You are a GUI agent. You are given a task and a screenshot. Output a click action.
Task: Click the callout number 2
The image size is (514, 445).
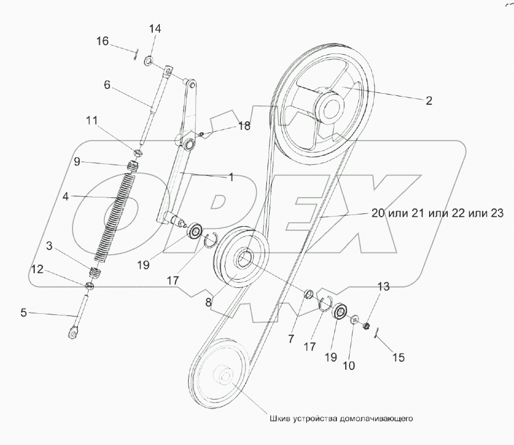[x=428, y=101]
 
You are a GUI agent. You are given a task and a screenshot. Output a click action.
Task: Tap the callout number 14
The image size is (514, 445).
[x=154, y=29]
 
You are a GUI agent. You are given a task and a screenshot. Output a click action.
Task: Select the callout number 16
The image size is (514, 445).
[x=103, y=41]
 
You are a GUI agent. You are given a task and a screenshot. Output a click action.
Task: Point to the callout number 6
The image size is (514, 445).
[x=107, y=85]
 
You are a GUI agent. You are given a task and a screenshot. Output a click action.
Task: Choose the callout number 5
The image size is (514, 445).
[x=23, y=312]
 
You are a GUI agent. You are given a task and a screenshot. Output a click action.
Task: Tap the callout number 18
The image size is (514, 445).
[x=243, y=126]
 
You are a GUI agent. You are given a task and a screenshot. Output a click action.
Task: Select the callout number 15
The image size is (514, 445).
[x=398, y=357]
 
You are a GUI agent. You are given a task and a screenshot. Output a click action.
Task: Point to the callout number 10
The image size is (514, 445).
[x=350, y=365]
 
